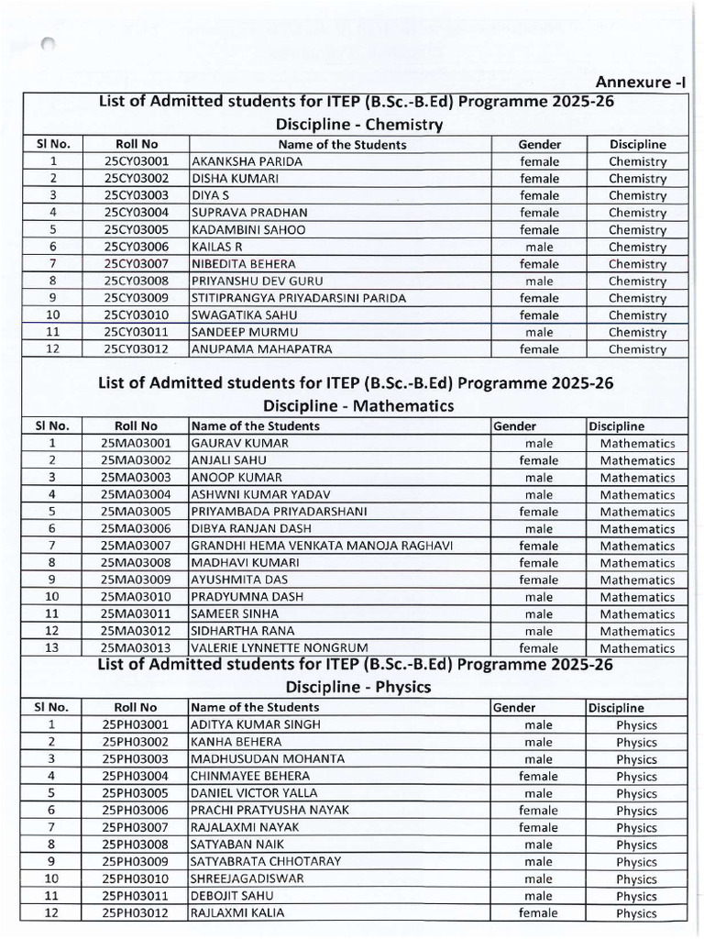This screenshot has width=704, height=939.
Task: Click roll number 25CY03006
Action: point(137,247)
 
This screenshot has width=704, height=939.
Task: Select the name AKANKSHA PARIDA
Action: point(237,161)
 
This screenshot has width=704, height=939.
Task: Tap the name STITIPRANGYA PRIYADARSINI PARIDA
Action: point(298,298)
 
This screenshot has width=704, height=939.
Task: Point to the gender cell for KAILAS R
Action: point(539,247)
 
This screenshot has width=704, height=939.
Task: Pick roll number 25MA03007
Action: point(137,546)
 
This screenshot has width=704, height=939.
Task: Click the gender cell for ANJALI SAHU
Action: point(539,460)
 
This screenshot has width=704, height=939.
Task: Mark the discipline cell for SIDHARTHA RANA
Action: point(637,631)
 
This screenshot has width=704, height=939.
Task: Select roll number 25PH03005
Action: point(137,793)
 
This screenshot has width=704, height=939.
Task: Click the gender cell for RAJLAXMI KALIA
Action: point(539,912)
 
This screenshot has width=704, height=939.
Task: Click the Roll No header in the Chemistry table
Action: point(137,144)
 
